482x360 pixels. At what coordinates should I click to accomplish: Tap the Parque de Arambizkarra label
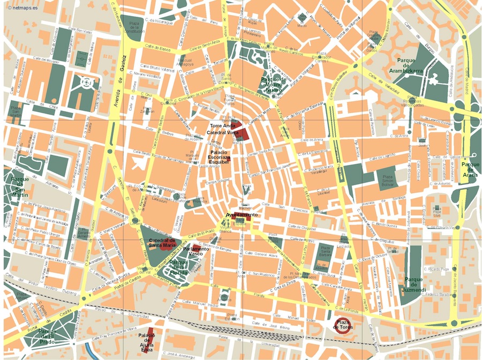click(410, 65)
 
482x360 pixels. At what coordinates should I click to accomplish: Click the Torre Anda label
click(222, 125)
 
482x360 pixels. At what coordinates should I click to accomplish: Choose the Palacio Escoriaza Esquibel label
click(219, 155)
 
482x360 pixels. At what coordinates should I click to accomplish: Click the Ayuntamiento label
click(242, 215)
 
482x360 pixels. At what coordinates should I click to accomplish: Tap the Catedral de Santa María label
click(163, 244)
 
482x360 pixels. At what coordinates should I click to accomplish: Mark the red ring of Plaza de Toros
click(343, 325)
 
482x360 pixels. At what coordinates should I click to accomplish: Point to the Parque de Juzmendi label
click(415, 284)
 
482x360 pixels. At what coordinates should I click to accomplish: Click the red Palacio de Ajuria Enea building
click(150, 336)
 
